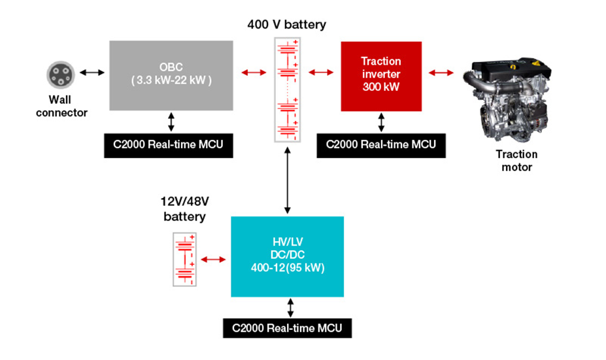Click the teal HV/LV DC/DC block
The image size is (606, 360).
point(287,257)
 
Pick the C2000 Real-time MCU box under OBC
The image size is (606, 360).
point(168,145)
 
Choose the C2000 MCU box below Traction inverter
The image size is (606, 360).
point(380,145)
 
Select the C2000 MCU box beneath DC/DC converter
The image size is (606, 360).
point(287,327)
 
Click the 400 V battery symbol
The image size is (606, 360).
point(286,90)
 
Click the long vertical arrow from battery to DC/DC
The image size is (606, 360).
point(287,180)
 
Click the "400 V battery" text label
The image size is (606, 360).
point(286,25)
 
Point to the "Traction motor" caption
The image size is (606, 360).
point(516,161)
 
